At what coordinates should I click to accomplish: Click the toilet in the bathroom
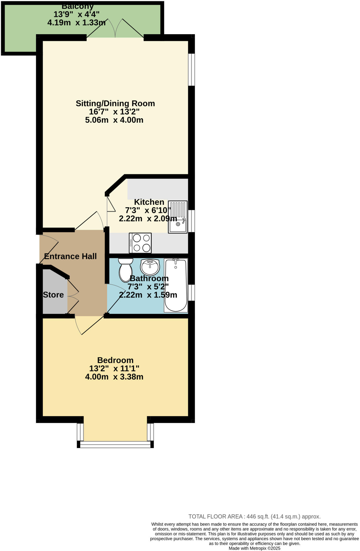coord(126,270)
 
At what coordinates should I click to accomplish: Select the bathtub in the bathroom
coord(176,285)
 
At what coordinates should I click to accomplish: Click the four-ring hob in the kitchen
coord(140,243)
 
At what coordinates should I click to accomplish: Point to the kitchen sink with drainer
coord(178,217)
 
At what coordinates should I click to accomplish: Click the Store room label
coord(53,295)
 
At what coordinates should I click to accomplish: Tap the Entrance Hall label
coord(70,256)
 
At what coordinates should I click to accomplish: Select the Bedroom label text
coord(115,360)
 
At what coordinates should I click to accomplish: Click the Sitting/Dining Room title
coord(115,103)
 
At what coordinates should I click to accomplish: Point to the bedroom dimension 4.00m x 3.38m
coord(114,377)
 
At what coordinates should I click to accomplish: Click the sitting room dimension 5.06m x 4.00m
coord(114,120)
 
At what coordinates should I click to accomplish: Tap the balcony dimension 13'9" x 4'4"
coord(76,14)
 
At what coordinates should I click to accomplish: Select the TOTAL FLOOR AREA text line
coord(254,517)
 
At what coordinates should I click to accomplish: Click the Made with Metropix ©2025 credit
coord(254,548)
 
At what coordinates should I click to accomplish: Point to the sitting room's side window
coord(191,69)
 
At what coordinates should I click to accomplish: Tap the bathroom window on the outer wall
coord(191,292)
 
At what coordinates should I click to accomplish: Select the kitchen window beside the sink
coord(191,221)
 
